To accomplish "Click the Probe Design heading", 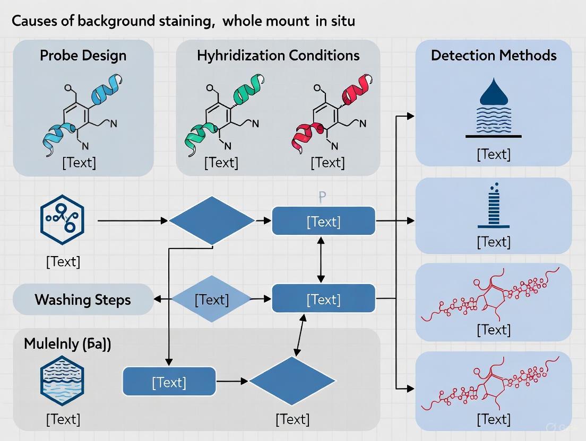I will pos(83,55).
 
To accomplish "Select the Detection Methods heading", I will pos(494,55).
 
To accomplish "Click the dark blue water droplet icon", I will pos(493,93).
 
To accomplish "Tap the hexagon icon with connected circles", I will pos(63,218).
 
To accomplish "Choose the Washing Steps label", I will pos(82,299).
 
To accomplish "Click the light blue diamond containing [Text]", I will pos(211,299).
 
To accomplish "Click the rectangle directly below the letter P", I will pos(323,221).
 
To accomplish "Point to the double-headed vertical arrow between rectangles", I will pos(321,260).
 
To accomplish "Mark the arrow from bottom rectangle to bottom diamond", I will pos(232,381).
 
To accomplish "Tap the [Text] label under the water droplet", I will pos(493,154).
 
